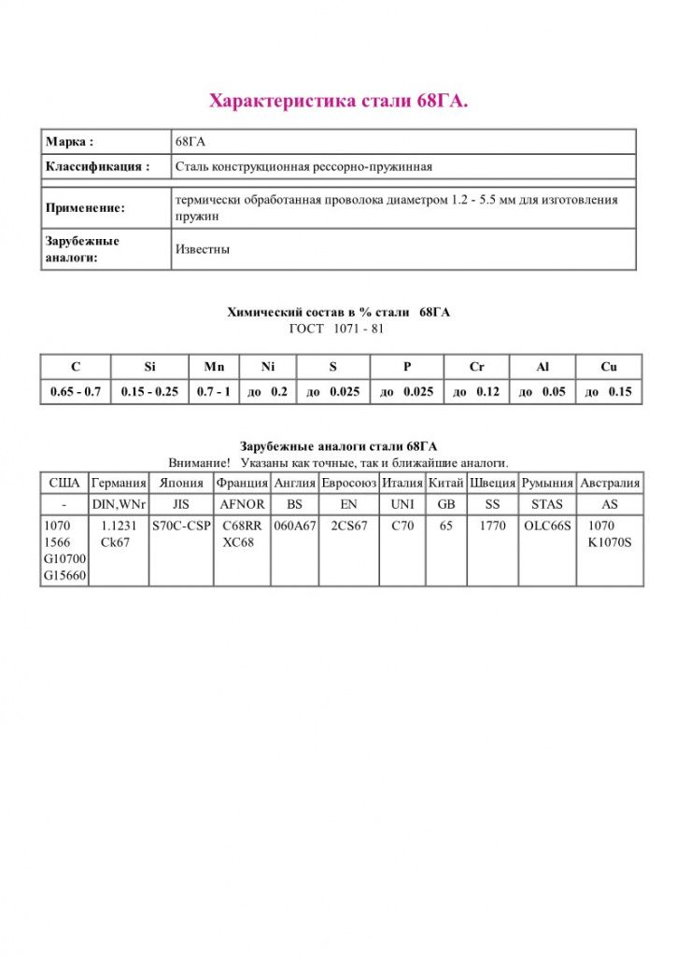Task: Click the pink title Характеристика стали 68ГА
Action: click(338, 101)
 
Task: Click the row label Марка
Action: click(69, 142)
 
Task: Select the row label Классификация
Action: click(97, 167)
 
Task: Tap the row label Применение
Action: click(85, 208)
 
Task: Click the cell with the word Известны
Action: click(203, 249)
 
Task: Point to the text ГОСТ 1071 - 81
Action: click(338, 329)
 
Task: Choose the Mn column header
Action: click(215, 367)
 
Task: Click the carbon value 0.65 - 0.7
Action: click(76, 392)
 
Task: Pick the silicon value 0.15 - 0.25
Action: click(149, 392)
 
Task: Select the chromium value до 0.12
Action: click(476, 392)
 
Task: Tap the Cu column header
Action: click(609, 367)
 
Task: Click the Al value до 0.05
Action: click(542, 392)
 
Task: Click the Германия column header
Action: click(119, 484)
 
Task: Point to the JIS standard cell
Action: click(181, 504)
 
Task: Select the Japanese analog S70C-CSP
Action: click(181, 526)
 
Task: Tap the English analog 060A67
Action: click(295, 526)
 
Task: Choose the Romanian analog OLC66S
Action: click(547, 526)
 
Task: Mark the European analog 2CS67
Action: click(349, 526)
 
